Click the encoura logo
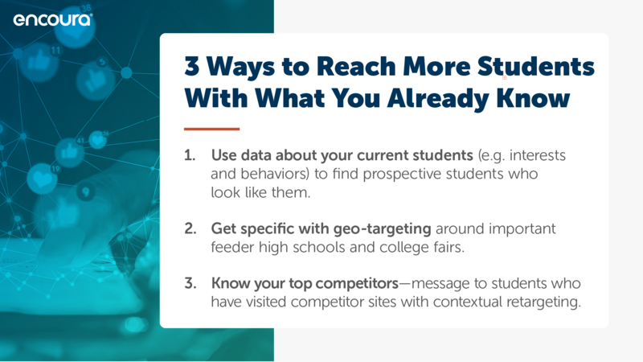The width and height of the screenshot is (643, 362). (53, 19)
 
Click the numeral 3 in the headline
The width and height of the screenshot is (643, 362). (192, 66)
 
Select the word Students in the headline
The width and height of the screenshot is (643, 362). (536, 66)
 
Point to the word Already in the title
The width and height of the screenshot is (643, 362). (437, 98)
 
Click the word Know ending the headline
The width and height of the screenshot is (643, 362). (533, 97)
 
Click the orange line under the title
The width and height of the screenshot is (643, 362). (211, 129)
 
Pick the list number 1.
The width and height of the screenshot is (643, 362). (190, 155)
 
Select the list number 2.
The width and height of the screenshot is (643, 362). (190, 228)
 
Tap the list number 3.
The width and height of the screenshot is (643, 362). (190, 283)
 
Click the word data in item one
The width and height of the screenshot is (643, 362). (256, 155)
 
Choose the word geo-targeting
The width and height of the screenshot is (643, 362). (383, 229)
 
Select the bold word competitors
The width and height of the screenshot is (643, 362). (357, 284)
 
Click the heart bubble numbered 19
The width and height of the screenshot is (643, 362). (43, 178)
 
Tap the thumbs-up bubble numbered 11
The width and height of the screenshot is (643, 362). (39, 62)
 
